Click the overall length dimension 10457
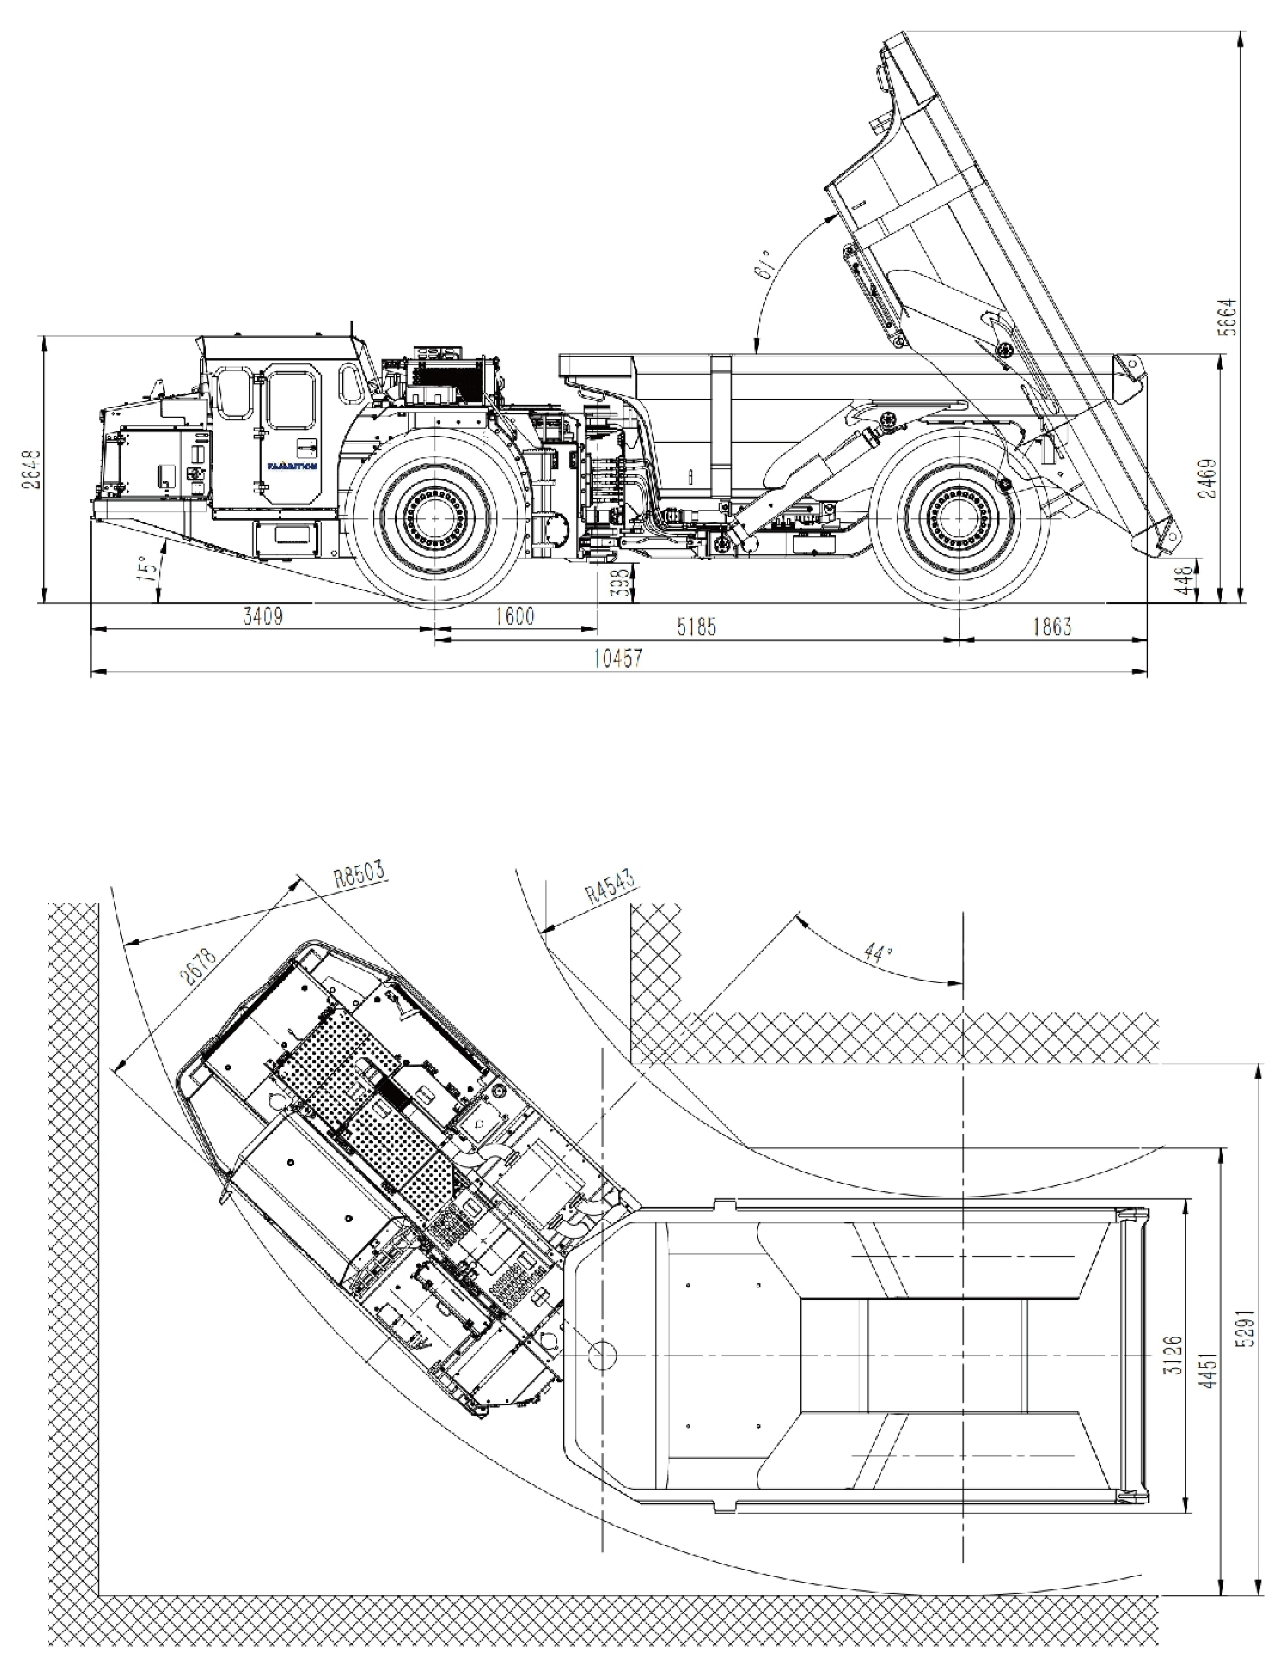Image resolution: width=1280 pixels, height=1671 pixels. pos(618,658)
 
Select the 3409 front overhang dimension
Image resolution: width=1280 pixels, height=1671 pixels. pos(263,615)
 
